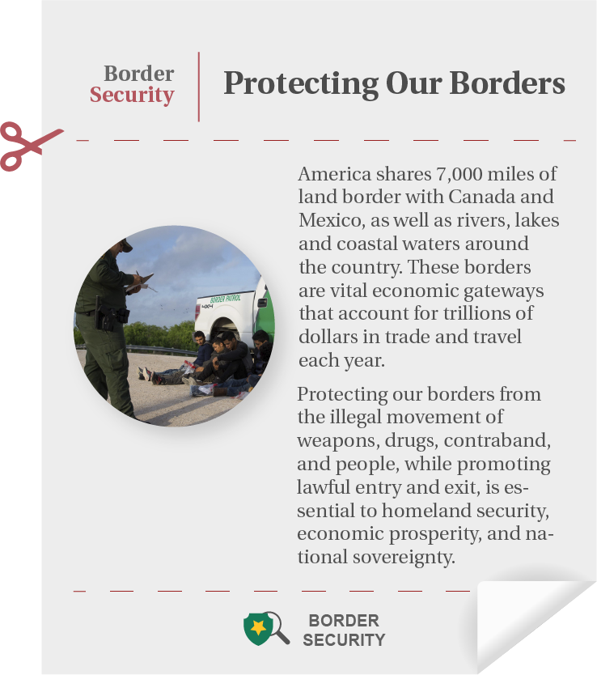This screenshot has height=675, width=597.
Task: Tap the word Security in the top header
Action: [x=132, y=96]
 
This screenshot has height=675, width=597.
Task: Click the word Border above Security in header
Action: [x=139, y=74]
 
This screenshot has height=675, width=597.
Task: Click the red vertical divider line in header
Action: [x=198, y=87]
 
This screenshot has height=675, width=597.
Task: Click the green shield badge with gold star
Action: [x=257, y=628]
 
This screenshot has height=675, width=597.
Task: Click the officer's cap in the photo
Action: [x=124, y=244]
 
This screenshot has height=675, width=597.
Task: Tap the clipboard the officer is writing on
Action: [x=139, y=282]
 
